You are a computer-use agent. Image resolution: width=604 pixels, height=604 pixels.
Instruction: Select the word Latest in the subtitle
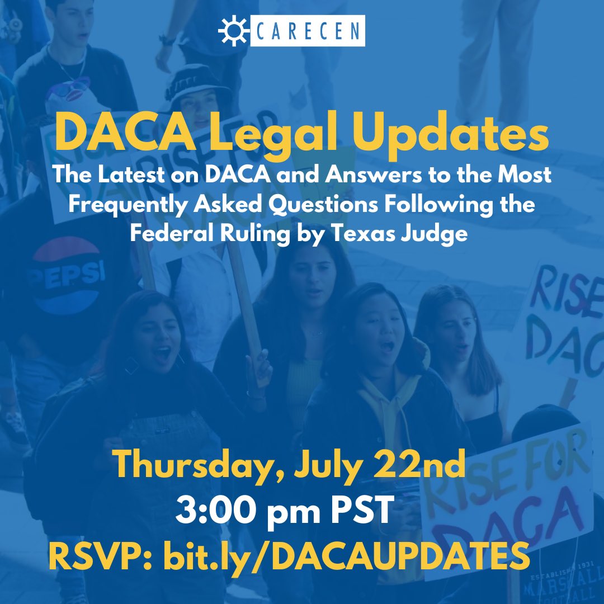coord(130,175)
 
